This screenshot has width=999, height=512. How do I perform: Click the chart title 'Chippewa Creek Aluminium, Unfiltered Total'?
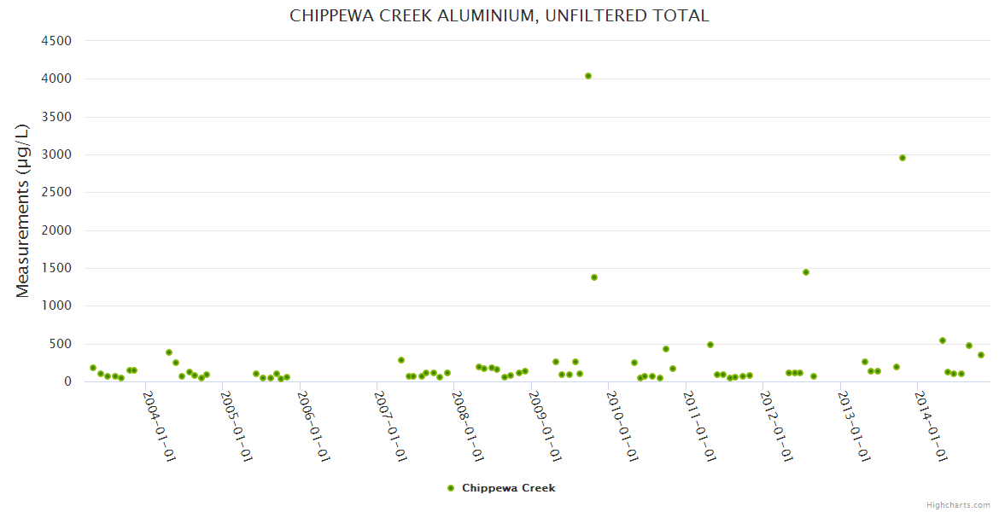pyautogui.click(x=499, y=15)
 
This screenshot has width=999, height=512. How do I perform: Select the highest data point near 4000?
pyautogui.click(x=588, y=76)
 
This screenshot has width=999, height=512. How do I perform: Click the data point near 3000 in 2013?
pyautogui.click(x=903, y=158)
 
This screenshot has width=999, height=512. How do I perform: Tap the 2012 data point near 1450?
pyautogui.click(x=806, y=272)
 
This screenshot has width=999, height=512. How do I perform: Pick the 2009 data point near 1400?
pyautogui.click(x=594, y=277)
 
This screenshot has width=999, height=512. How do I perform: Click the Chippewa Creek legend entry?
pyautogui.click(x=508, y=488)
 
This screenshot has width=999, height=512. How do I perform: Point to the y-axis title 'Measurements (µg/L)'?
pyautogui.click(x=23, y=211)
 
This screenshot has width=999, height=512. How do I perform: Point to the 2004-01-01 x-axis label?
pyautogui.click(x=159, y=427)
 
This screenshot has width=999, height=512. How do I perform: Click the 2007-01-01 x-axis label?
pyautogui.click(x=391, y=427)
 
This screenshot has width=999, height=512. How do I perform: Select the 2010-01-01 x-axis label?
pyautogui.click(x=622, y=427)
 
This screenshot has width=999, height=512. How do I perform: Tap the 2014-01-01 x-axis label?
pyautogui.click(x=932, y=427)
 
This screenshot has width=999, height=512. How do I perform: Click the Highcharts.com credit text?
pyautogui.click(x=958, y=505)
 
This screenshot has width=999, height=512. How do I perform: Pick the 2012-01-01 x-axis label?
pyautogui.click(x=777, y=427)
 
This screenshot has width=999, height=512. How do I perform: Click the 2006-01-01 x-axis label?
pyautogui.click(x=313, y=427)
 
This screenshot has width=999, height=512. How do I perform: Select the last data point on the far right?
pyautogui.click(x=981, y=355)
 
